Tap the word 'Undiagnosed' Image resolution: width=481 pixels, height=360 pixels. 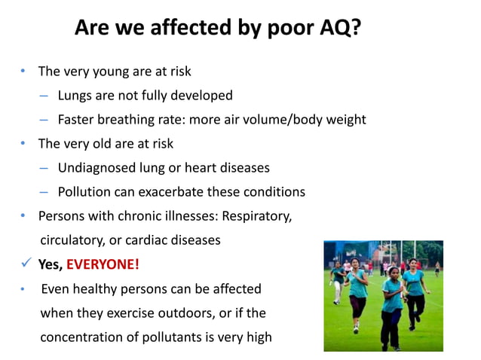(97, 167)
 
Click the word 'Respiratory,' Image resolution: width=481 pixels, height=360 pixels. (256, 215)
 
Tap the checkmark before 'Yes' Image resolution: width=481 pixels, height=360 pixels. (26, 264)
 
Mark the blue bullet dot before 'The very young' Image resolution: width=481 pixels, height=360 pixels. (23, 72)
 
